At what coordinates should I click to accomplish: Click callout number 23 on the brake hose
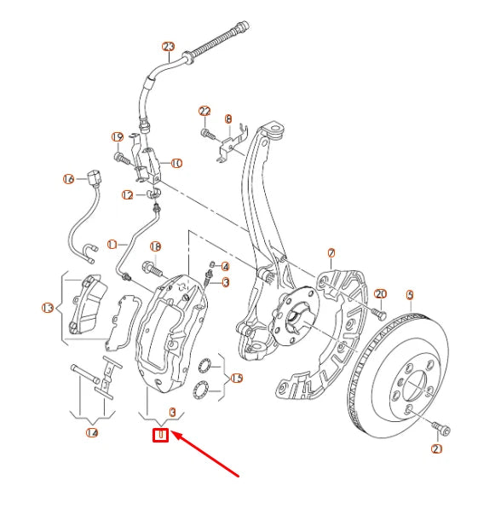(x=168, y=46)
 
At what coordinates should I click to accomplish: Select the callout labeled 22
(x=204, y=112)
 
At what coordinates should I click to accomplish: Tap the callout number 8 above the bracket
(x=228, y=119)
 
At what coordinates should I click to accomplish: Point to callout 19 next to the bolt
(x=118, y=136)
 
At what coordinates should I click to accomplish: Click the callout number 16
(x=69, y=179)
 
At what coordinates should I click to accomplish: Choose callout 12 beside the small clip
(x=127, y=195)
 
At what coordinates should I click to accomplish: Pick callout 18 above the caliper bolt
(x=155, y=246)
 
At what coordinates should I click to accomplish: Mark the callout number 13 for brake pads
(x=48, y=308)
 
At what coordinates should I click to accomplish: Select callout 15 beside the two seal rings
(x=237, y=378)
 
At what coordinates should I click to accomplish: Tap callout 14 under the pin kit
(x=92, y=432)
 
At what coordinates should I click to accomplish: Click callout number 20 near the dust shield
(x=381, y=294)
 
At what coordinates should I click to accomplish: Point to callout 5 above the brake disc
(x=410, y=296)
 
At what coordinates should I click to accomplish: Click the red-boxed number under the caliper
(x=159, y=437)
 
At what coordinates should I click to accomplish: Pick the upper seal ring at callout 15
(x=204, y=367)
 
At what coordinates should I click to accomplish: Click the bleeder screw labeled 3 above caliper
(x=209, y=279)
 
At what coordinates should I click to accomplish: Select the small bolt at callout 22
(x=207, y=133)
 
